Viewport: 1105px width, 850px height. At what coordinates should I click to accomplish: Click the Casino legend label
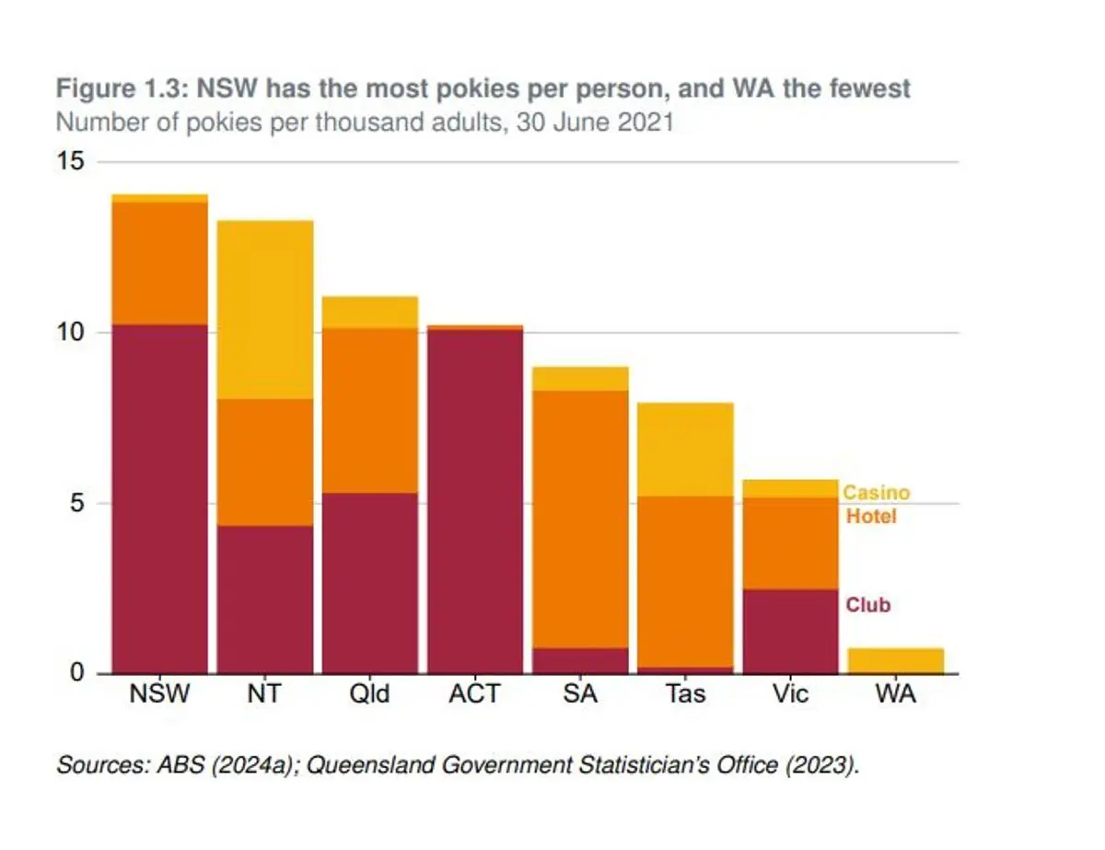[876, 493]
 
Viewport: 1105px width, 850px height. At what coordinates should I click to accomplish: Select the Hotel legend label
[871, 517]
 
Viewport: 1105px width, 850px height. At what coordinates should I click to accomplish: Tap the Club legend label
[868, 606]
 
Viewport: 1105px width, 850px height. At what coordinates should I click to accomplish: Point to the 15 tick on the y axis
[71, 162]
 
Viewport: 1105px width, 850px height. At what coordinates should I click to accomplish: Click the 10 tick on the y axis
[71, 332]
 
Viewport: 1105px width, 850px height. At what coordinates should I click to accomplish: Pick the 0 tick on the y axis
[76, 673]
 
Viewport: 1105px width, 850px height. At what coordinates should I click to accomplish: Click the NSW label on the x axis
[159, 694]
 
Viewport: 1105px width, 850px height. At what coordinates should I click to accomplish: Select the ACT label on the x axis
[474, 694]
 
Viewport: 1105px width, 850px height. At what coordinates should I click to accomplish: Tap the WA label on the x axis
[896, 694]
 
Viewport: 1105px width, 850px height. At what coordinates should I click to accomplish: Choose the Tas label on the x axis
[685, 694]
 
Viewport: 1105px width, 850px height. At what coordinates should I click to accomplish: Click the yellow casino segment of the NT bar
[264, 309]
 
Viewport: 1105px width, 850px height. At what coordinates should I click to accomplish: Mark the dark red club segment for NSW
[159, 498]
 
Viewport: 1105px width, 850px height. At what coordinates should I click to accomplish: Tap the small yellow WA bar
[896, 660]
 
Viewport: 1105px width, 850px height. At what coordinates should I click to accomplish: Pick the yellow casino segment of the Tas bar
[685, 449]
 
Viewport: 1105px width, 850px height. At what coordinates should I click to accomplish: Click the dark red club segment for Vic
[790, 631]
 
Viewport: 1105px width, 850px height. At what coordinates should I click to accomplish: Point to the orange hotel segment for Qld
[369, 410]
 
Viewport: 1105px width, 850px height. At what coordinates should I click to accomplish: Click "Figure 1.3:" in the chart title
[113, 88]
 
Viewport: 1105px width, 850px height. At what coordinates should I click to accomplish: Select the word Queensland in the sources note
[365, 765]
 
